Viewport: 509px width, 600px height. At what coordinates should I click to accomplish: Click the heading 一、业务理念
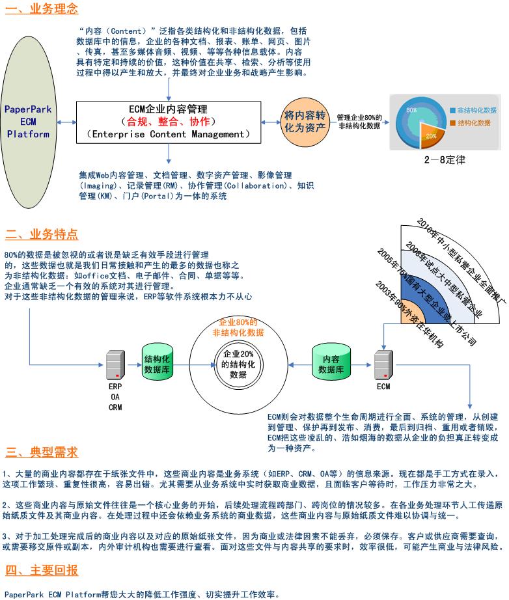tap(42, 9)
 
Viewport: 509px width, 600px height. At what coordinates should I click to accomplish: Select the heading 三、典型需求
tap(42, 452)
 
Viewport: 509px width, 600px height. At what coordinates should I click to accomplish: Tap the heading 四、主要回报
tap(42, 571)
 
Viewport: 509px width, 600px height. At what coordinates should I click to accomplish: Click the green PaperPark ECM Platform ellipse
tap(28, 122)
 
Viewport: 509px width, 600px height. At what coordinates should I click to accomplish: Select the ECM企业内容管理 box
tap(168, 122)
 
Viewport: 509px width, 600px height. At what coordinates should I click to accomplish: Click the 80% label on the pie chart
tap(411, 111)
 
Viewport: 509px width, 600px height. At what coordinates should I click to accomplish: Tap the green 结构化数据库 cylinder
tap(156, 364)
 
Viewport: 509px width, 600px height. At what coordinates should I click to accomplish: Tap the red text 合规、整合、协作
tap(168, 122)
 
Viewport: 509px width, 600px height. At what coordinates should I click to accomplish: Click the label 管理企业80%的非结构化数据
tap(359, 122)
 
